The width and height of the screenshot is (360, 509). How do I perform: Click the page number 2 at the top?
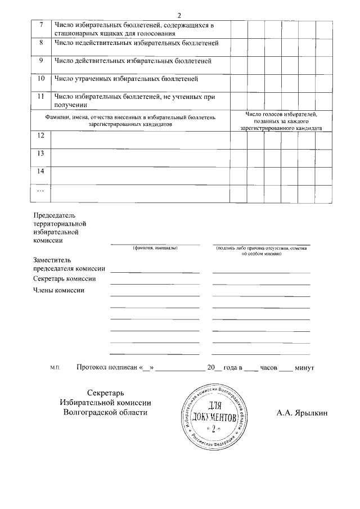coord(179,15)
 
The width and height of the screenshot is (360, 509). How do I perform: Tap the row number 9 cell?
coord(40,61)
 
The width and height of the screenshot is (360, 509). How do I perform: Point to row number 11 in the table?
coord(40,97)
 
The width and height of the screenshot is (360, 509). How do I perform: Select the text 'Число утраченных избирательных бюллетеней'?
coord(126,79)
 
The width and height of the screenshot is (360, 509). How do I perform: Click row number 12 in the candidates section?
coord(40,136)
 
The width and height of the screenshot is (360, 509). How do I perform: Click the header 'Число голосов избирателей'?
coord(281,115)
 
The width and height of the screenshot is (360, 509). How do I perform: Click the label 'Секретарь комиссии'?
coord(64,278)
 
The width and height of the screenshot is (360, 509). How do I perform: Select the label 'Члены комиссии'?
coord(58,290)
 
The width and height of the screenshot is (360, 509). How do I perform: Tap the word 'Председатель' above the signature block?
coord(55,215)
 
